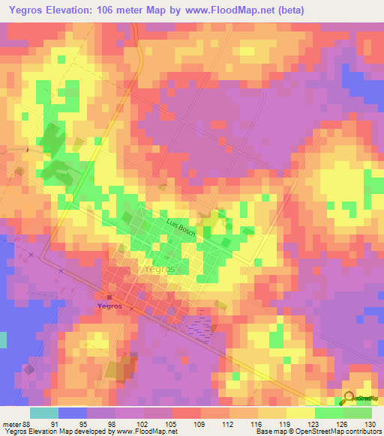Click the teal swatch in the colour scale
(x=44, y=413)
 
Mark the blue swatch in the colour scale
(x=73, y=413)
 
